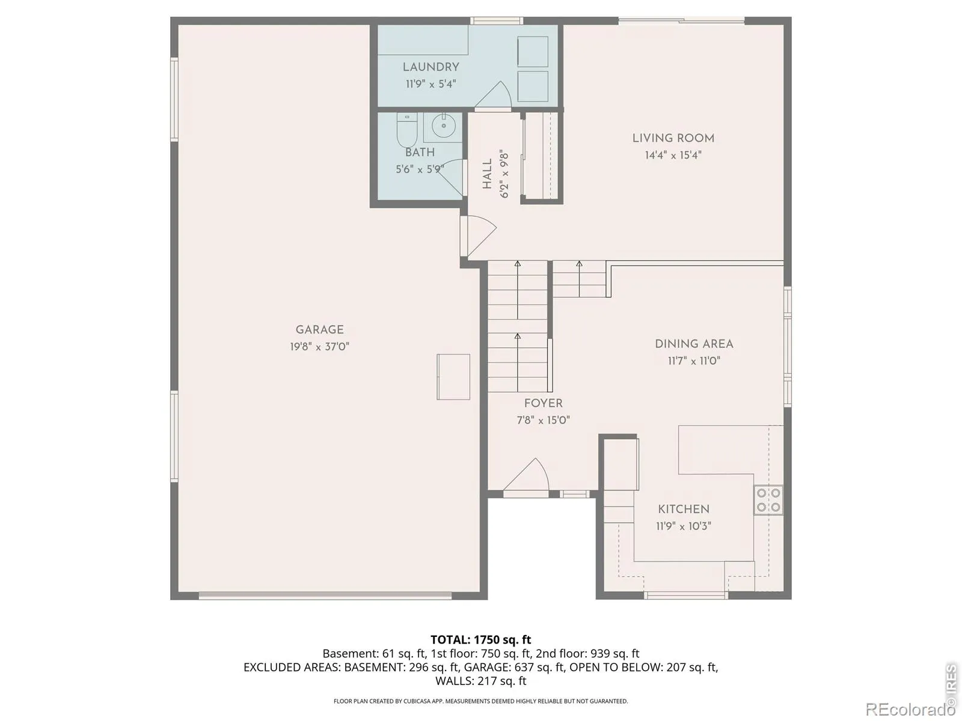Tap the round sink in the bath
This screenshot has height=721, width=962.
(444, 126)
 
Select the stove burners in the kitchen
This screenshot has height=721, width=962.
(768, 499)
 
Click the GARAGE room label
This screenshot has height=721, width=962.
(319, 330)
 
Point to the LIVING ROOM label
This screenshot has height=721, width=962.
(673, 138)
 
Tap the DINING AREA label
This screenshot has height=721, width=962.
(694, 344)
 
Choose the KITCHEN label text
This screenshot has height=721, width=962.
(683, 509)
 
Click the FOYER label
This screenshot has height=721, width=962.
(543, 403)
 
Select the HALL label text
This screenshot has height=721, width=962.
(488, 174)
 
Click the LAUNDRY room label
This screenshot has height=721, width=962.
(431, 67)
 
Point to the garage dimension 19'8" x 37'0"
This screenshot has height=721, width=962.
(319, 347)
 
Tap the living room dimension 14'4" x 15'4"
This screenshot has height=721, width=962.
(673, 155)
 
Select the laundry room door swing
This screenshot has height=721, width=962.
(494, 94)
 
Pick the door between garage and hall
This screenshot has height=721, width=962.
(478, 236)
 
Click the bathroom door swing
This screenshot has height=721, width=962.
(450, 177)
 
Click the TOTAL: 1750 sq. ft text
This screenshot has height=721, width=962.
(481, 640)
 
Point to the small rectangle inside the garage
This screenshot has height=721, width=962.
(453, 377)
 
